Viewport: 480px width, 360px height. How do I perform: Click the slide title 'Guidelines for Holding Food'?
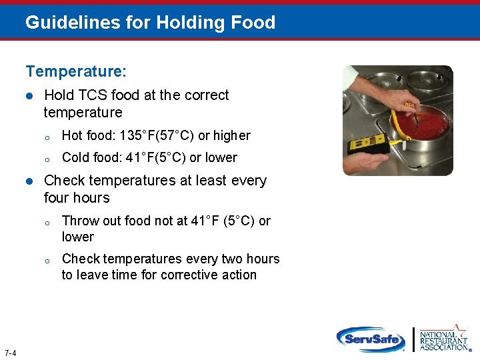click(150, 23)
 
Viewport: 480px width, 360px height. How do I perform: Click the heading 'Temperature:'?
click(76, 70)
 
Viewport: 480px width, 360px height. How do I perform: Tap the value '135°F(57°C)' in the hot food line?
click(156, 136)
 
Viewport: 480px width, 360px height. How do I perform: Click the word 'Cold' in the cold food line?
click(75, 158)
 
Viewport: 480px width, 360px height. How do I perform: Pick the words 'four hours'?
click(77, 198)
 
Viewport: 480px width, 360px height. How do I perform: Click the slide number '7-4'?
click(10, 353)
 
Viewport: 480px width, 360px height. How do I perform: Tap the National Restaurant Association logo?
click(443, 338)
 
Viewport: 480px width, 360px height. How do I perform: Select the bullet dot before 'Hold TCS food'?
click(29, 96)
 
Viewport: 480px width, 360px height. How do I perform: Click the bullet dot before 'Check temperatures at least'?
click(29, 181)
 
